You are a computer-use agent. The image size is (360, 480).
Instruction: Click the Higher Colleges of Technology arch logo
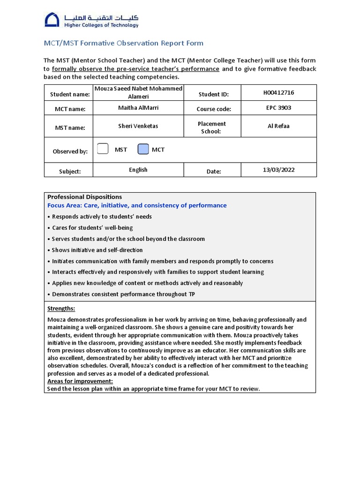click(52, 20)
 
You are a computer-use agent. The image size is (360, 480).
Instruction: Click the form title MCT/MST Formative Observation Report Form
click(123, 43)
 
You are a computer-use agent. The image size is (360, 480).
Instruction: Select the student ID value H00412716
click(278, 93)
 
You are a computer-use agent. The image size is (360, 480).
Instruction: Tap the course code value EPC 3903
click(278, 108)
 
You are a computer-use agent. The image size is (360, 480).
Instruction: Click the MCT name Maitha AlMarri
click(138, 108)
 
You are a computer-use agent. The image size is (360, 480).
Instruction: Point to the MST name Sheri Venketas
click(138, 126)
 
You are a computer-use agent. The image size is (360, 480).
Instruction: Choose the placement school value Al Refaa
click(278, 126)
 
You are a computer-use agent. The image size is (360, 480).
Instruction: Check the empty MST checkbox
click(103, 150)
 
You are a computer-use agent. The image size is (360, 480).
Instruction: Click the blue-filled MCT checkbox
click(143, 150)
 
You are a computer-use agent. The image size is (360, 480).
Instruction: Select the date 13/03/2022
click(278, 170)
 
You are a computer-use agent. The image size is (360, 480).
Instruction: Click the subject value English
click(138, 170)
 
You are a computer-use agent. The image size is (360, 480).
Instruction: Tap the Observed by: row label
click(70, 151)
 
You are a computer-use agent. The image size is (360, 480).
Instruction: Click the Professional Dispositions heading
click(84, 197)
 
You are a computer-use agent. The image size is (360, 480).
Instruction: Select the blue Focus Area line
click(137, 205)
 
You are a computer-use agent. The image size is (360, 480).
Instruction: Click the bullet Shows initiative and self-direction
click(97, 250)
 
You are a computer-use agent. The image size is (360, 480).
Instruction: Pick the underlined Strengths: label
click(61, 308)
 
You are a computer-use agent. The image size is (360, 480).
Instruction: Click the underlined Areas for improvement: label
click(80, 381)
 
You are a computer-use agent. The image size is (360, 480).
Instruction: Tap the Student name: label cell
click(70, 95)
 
